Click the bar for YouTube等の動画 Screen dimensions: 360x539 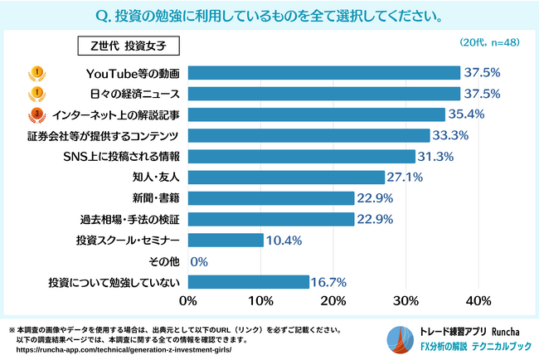(323, 72)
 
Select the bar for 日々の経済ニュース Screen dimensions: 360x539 (323, 93)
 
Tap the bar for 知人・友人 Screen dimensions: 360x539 (286, 177)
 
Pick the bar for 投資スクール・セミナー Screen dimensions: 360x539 (226, 240)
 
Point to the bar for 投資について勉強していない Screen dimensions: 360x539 (249, 282)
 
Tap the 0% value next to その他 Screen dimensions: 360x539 (198, 261)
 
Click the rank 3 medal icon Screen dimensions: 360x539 (36, 114)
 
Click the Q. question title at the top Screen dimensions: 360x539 (269, 16)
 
